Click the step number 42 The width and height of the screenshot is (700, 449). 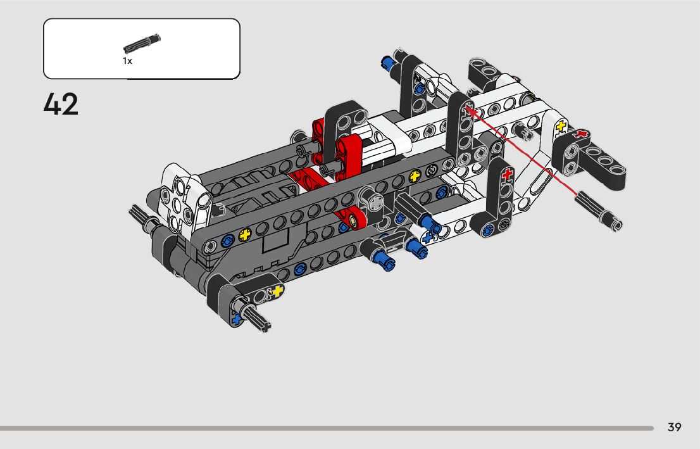[x=61, y=104]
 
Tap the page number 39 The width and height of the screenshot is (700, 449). [x=674, y=427]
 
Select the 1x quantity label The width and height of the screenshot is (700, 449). [x=127, y=61]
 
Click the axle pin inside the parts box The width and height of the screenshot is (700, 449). [x=142, y=43]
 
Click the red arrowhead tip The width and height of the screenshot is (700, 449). [x=466, y=106]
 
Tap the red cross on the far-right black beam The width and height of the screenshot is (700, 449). [x=580, y=134]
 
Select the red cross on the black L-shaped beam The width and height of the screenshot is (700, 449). [x=506, y=174]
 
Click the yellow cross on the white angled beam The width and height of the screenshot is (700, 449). [x=560, y=127]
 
